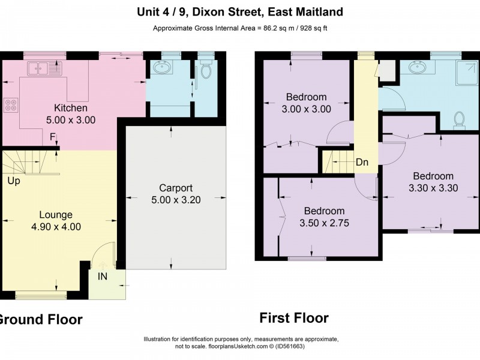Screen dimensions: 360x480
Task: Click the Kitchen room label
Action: [71, 108]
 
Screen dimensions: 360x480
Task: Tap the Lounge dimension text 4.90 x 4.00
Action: [56, 227]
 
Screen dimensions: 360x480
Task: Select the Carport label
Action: [175, 188]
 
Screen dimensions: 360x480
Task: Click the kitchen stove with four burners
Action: [11, 106]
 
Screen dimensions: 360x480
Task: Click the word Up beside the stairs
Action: [13, 180]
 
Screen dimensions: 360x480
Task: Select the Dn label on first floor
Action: [362, 162]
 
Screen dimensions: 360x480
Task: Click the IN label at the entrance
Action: [103, 277]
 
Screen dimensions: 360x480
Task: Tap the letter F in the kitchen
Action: [53, 137]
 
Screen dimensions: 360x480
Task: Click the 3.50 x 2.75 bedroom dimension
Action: [324, 223]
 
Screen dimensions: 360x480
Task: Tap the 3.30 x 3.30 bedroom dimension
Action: [433, 187]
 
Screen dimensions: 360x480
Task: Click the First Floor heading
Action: [293, 318]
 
